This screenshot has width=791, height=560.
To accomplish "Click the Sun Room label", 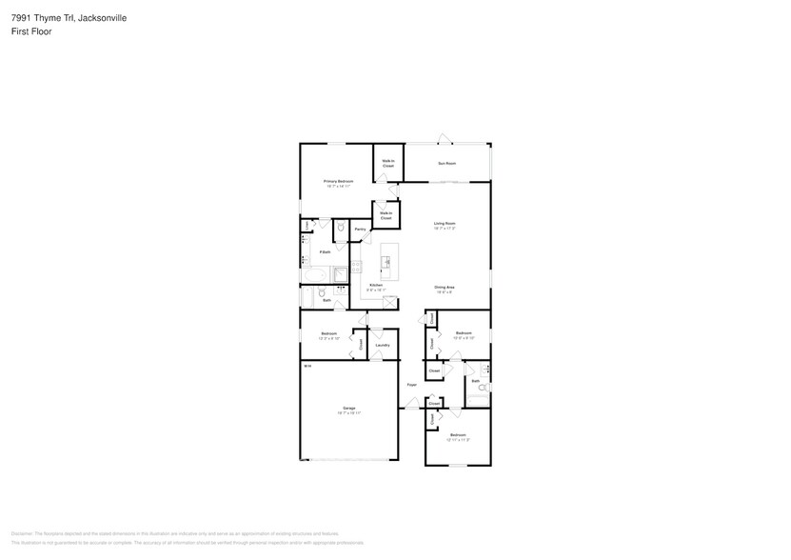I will click(446, 164).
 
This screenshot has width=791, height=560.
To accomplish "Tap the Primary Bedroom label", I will click(338, 183).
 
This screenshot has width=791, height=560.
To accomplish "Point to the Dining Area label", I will click(444, 289).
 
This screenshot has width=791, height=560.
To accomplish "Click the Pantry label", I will click(360, 230).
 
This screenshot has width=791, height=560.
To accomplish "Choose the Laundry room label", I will click(382, 345).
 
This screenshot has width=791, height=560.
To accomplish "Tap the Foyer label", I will click(411, 385).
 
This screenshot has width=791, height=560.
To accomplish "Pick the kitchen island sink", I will click(387, 260).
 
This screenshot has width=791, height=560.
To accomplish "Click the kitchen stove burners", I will click(356, 270).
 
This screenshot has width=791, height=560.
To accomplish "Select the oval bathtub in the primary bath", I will click(314, 274).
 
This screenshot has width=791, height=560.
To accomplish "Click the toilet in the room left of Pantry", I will click(341, 229).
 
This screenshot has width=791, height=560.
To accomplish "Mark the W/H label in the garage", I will click(307, 366).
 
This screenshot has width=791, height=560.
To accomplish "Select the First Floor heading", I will click(32, 31).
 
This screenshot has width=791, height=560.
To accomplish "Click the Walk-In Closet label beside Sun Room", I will click(388, 164).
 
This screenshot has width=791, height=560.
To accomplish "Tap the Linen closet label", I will click(306, 225).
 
